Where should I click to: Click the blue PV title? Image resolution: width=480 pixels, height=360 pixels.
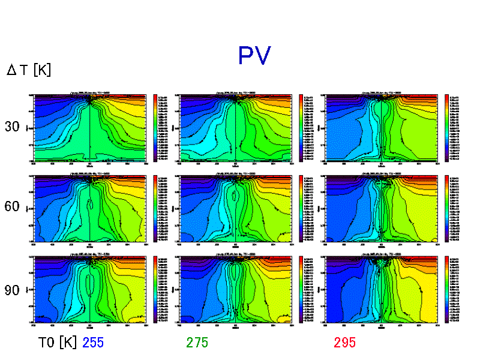tap(254, 56)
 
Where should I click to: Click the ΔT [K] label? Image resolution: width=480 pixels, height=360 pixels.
tap(29, 70)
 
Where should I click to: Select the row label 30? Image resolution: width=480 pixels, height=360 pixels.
tap(13, 127)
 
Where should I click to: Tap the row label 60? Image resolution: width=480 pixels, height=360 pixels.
tap(13, 207)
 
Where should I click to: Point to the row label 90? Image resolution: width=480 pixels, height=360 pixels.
tap(13, 290)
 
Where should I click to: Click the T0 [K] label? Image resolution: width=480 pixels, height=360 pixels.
tap(57, 343)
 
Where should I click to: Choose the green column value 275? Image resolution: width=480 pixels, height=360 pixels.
tap(197, 343)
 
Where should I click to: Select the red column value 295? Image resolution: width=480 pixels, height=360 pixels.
tap(345, 343)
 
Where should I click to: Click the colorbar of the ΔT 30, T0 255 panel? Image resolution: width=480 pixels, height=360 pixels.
tap(155, 127)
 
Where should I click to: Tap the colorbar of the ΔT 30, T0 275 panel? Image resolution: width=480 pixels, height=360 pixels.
tap(301, 127)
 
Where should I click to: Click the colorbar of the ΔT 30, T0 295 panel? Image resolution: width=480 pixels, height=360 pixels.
tap(446, 127)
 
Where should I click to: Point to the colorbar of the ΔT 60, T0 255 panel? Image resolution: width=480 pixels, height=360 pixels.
tap(155, 208)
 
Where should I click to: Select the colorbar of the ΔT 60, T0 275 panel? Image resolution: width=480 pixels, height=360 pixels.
tap(301, 208)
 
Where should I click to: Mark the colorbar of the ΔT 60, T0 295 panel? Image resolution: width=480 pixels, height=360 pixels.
tap(446, 208)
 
